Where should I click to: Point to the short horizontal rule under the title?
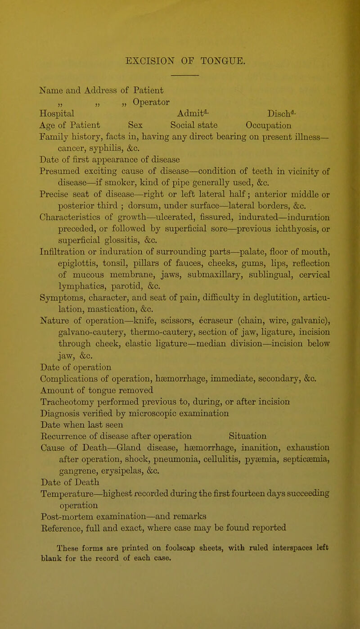(184, 72)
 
